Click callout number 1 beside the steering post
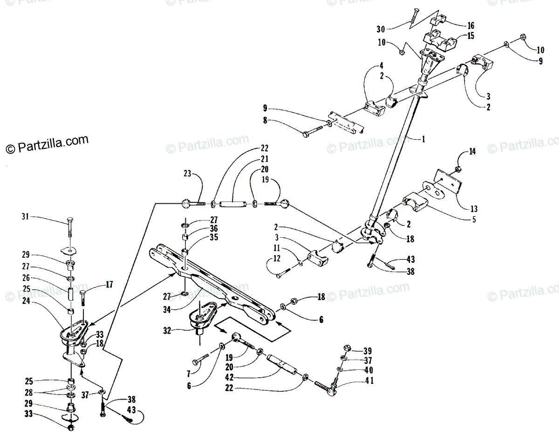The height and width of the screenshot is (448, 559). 423,139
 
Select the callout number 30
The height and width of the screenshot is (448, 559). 381,27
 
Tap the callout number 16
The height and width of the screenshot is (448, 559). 470,25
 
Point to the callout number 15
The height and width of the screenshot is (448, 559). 470,36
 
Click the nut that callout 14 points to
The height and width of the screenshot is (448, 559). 458,168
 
